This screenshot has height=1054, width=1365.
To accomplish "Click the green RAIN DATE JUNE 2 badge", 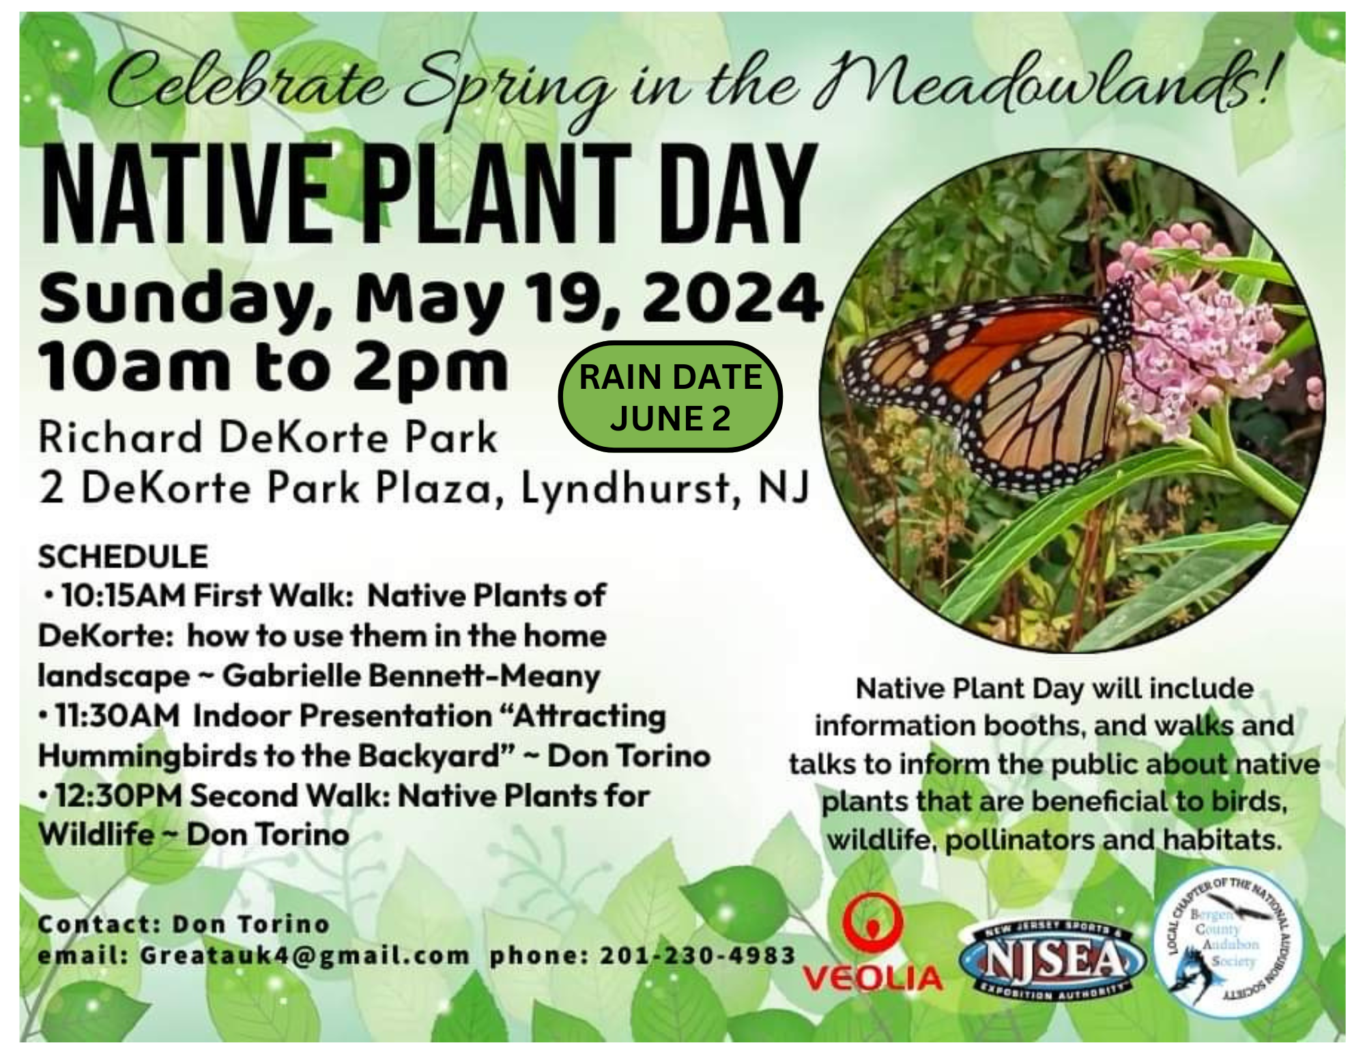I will pos(670,397).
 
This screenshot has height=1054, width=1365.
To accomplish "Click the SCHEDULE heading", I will pos(123,557).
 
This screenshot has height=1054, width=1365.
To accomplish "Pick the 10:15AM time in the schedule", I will pos(123,596).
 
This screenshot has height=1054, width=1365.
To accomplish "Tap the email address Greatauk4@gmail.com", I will pos(304,956).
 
